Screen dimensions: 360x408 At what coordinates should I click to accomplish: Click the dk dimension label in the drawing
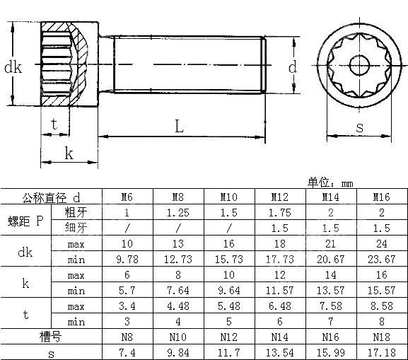click(13, 68)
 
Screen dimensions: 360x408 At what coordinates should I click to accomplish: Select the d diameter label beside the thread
click(293, 67)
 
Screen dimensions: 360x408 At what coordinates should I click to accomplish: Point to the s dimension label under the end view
click(359, 127)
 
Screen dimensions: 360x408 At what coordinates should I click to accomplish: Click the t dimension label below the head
click(54, 123)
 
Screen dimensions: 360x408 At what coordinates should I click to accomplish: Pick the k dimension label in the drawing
click(69, 153)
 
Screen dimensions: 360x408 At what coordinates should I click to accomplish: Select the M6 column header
click(127, 197)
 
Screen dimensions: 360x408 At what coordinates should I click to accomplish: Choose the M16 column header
click(381, 197)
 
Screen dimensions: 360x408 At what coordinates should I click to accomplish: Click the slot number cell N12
click(228, 337)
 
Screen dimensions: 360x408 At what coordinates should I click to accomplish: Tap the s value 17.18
click(381, 352)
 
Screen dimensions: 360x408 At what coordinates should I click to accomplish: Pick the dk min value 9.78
click(127, 259)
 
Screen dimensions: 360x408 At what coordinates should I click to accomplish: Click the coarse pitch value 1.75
click(279, 212)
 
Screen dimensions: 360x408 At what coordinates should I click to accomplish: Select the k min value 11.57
click(279, 290)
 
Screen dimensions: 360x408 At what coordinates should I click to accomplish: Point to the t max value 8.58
click(381, 306)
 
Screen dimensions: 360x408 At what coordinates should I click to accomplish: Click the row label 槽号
click(52, 337)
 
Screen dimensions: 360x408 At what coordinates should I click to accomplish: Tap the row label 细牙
click(76, 228)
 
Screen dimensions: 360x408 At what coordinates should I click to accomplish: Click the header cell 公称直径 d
click(52, 197)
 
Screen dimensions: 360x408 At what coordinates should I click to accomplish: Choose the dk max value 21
click(330, 244)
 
